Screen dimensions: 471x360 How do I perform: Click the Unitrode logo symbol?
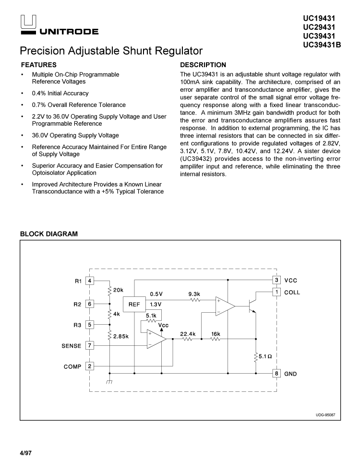click(28, 21)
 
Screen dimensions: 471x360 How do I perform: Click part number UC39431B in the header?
click(322, 45)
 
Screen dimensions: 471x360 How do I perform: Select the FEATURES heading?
click(39, 65)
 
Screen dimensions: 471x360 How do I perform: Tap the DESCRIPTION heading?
click(203, 65)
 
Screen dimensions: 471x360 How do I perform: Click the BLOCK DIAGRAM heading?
click(48, 234)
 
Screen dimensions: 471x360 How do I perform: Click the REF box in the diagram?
click(134, 304)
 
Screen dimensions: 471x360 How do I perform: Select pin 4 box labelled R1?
click(90, 281)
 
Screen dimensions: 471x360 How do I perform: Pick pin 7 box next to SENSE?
click(90, 345)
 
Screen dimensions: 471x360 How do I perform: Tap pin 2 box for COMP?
click(90, 366)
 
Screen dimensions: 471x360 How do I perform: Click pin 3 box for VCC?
click(276, 280)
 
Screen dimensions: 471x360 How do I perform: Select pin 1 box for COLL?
click(276, 292)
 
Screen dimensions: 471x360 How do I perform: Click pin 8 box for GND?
click(276, 373)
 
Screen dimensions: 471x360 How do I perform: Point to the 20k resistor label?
click(119, 290)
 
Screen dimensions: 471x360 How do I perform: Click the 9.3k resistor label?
click(194, 294)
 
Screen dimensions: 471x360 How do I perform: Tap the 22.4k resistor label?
click(187, 333)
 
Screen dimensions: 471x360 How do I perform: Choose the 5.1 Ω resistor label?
click(265, 356)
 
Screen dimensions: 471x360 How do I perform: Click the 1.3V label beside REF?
click(156, 305)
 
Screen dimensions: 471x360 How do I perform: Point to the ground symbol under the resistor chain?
click(110, 382)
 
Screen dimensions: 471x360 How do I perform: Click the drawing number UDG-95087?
click(325, 414)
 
